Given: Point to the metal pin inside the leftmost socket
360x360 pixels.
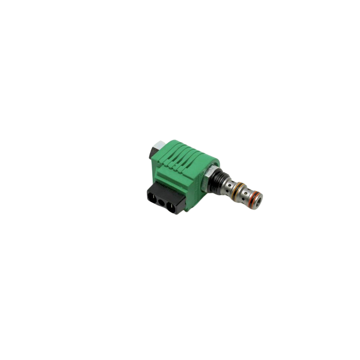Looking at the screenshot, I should click(x=152, y=201).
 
